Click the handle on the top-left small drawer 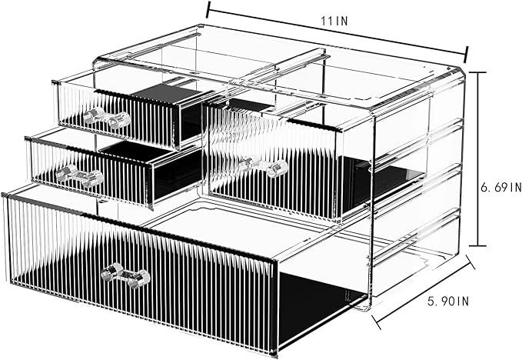[x=106, y=118]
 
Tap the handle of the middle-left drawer [x=79, y=175]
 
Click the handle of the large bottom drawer [x=127, y=275]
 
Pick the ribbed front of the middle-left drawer [x=88, y=173]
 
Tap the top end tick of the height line [x=477, y=72]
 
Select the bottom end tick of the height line [x=477, y=245]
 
